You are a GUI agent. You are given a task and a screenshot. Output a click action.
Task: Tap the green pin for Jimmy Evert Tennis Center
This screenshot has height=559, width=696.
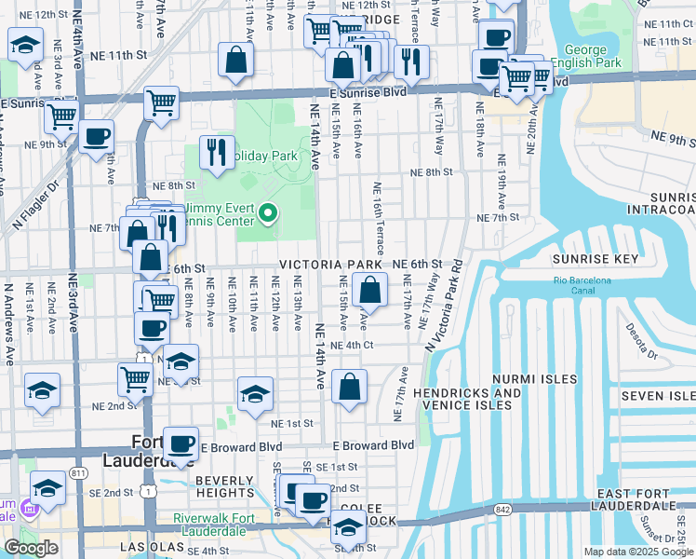[269, 215]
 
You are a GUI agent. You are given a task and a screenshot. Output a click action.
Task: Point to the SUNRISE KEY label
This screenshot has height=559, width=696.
[591, 259]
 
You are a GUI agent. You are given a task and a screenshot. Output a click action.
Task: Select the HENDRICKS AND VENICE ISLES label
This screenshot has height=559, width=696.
[467, 399]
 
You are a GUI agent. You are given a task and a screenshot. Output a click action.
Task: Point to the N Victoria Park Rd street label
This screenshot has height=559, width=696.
[445, 304]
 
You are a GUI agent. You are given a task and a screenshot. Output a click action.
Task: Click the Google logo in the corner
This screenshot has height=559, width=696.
[31, 548]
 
